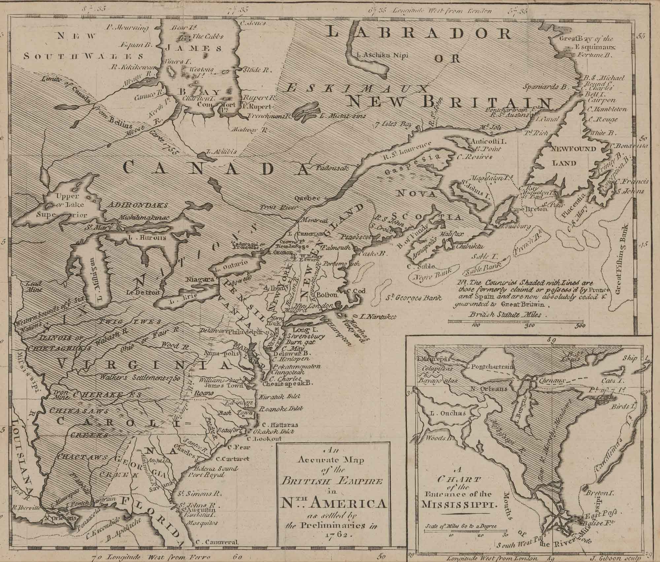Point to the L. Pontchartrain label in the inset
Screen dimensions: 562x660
pos(491,366)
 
